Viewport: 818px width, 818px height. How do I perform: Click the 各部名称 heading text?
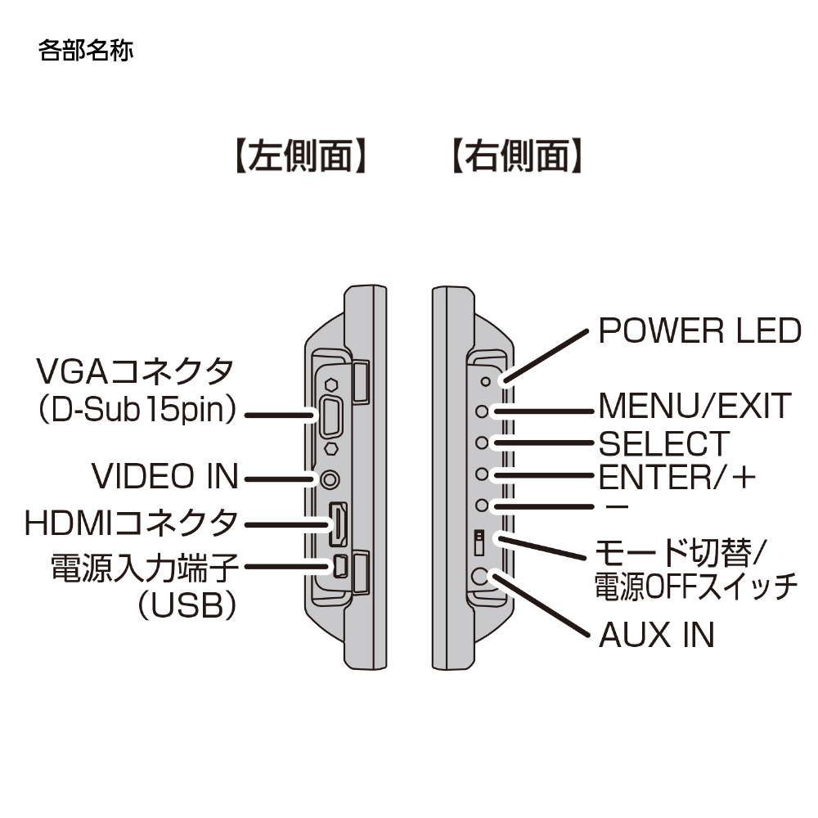pos(85,52)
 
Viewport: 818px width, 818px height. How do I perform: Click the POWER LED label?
pos(699,331)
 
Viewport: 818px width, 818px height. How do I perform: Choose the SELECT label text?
pos(663,444)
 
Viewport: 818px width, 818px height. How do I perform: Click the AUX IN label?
pos(657,635)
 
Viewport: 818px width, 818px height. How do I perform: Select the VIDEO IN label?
pos(164,476)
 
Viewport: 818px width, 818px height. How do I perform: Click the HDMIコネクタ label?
pos(132,521)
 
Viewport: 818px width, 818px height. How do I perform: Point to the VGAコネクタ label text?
pos(136,373)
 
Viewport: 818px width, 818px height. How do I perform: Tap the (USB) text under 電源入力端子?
pos(187,606)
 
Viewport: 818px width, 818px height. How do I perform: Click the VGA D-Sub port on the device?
pos(332,416)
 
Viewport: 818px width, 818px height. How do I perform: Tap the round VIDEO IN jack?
pos(331,479)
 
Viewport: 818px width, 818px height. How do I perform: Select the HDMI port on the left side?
pos(336,524)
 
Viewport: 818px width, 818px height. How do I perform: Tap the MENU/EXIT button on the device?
pos(483,411)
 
